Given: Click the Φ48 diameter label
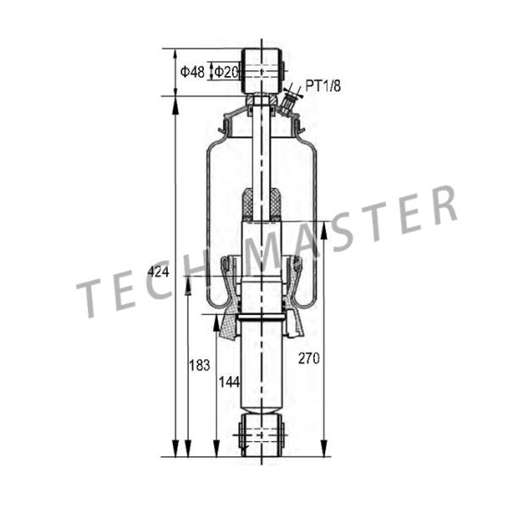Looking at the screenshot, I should point(192,73).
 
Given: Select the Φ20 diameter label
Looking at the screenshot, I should point(225,73).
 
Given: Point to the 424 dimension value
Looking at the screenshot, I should point(158,271).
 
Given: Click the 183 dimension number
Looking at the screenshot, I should point(199,366).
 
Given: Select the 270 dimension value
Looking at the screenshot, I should point(309,358).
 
